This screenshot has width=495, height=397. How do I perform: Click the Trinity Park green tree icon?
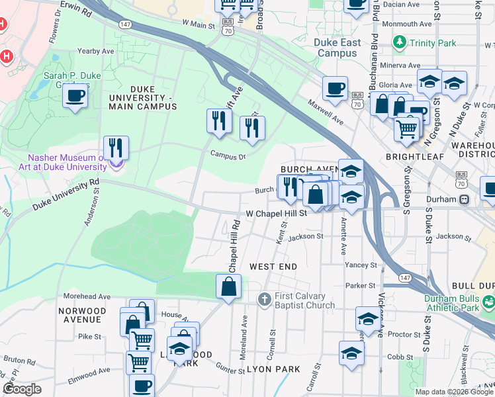pos(400,44)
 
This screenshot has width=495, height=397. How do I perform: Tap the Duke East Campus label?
pos(338,48)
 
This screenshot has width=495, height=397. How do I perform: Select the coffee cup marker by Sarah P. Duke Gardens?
pos(75,96)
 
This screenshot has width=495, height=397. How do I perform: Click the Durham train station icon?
pos(465,199)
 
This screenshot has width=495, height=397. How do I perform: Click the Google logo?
pos(22,389)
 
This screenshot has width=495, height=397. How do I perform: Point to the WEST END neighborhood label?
pos(273,266)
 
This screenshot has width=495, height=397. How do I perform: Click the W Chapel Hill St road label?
pos(276,214)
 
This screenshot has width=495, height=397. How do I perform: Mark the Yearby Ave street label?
pos(96,51)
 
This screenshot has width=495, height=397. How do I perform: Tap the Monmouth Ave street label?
pos(410,24)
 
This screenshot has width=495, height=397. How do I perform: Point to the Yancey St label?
pos(361,265)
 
